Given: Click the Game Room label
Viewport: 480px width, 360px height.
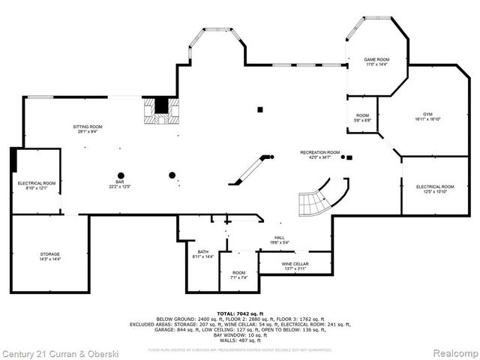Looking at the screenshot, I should point(377,58).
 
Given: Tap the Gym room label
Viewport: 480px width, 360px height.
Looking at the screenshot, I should point(427,114).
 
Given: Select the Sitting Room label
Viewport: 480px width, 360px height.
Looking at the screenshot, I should point(88,127).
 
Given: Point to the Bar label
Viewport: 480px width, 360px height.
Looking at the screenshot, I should point(115,181).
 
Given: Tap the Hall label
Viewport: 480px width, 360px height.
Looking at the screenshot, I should point(279,238).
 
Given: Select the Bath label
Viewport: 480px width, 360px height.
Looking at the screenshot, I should point(203,252).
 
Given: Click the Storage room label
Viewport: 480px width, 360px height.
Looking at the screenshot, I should point(50,254).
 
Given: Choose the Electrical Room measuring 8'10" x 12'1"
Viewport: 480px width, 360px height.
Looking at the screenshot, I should point(37,183).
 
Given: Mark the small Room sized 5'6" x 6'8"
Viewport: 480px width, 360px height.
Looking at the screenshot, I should point(362,116).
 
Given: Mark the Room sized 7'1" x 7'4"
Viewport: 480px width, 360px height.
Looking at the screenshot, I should point(238,273).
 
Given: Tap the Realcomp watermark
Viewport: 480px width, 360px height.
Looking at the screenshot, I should point(453,352).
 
